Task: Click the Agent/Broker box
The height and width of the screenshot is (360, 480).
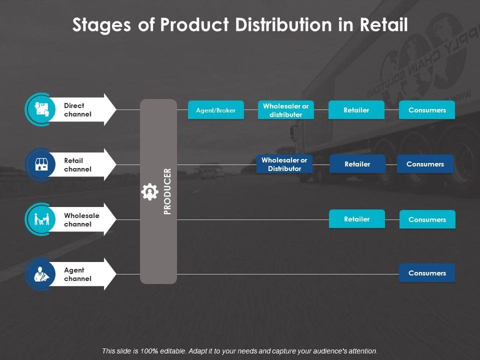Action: pos(215,110)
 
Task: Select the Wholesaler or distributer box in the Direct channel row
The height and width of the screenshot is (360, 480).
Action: pos(286,110)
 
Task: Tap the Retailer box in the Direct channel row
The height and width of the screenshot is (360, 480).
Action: pos(356,110)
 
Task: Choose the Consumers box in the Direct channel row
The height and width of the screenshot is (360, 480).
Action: pos(427,110)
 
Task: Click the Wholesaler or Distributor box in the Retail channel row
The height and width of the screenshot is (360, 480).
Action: pos(284,164)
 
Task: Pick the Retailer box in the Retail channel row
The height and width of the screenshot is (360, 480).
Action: pos(357,164)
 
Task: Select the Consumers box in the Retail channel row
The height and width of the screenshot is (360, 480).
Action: pos(425,164)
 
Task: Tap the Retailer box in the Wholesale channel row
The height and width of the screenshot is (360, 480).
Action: pos(356,219)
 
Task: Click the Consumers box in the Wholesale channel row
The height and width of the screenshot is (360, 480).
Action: pos(427,219)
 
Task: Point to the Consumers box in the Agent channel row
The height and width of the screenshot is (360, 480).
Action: pos(427,273)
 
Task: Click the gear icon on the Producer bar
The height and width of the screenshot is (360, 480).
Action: pos(150,192)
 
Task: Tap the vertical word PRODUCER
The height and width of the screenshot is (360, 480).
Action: pos(167,191)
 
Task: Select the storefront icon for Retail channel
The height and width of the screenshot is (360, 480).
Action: pos(41,164)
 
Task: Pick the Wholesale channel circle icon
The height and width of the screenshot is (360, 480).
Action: pos(41,219)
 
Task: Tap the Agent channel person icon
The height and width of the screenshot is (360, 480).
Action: pos(41,274)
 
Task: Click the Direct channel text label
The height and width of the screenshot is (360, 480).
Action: pos(77,110)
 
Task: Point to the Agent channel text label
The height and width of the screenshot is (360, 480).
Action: pos(77,274)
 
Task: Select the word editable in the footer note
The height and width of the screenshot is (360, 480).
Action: pos(165,351)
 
